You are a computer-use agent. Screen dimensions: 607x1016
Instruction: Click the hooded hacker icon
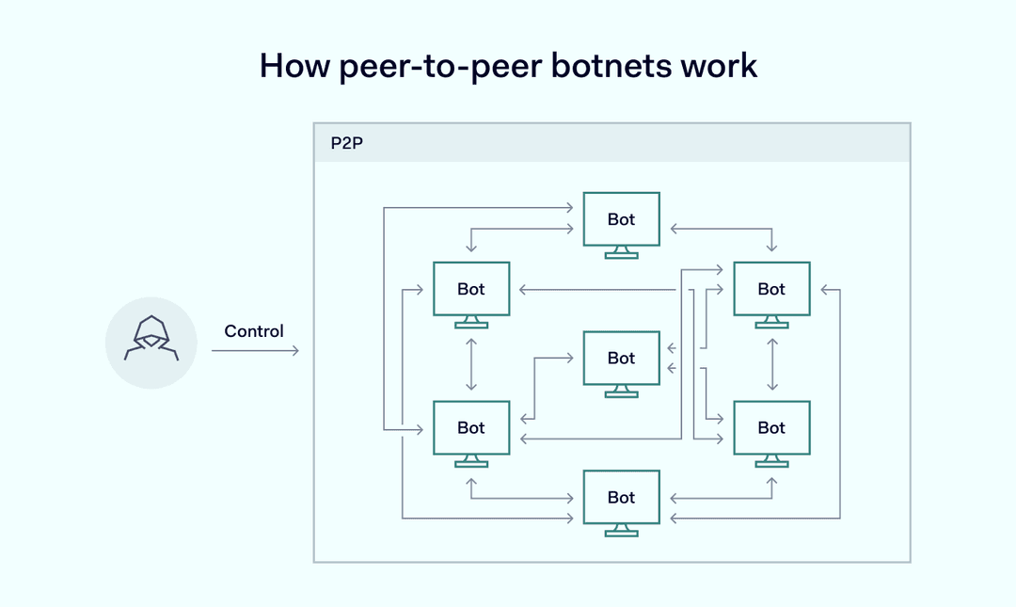pos(151,342)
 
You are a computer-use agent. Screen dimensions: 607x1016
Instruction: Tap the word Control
pos(254,331)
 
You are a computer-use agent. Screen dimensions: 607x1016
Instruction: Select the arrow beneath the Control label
pos(255,351)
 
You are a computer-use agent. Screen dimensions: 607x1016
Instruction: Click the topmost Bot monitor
pos(621,219)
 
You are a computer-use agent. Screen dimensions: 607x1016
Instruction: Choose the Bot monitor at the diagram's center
pos(621,358)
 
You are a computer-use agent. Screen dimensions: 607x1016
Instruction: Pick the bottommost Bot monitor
pos(621,497)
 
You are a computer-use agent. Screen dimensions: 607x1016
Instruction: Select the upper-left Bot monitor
pos(471,289)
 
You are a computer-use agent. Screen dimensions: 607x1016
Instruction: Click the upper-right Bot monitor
pos(771,289)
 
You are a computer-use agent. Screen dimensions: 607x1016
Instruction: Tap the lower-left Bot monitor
pos(471,427)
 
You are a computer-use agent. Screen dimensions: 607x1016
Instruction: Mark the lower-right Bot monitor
pos(771,427)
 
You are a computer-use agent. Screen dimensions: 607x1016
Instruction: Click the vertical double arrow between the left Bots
pos(471,364)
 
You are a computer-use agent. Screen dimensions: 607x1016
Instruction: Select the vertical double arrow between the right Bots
pos(771,364)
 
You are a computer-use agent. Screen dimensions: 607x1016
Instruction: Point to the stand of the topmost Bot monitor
pos(621,252)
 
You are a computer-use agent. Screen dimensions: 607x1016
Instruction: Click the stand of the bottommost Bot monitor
pos(621,530)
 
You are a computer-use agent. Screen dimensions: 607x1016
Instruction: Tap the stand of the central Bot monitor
pos(621,391)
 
